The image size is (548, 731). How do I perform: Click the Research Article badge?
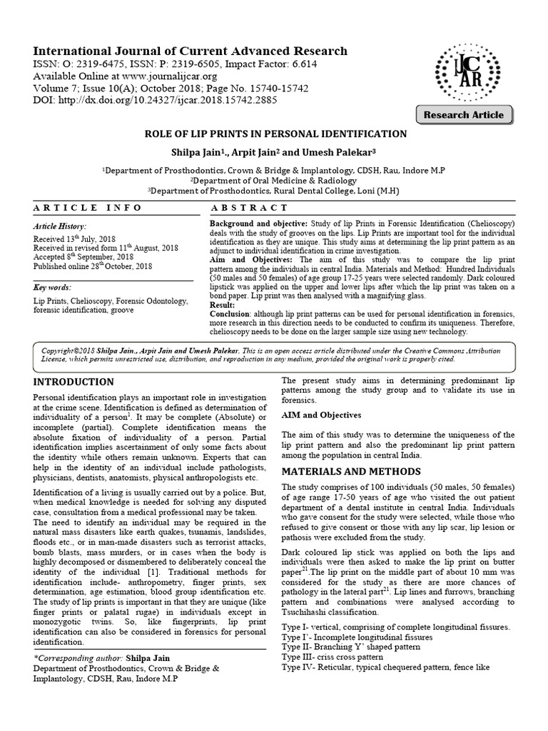pos(463,115)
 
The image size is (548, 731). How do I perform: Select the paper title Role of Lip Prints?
pos(276,134)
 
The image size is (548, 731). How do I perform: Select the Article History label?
pos(59,226)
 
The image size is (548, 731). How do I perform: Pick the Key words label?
pos(53,288)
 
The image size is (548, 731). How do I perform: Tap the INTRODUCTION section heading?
pos(74,382)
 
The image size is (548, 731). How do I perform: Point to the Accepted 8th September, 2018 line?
pos(83,256)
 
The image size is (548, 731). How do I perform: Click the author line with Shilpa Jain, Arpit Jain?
pos(276,152)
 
